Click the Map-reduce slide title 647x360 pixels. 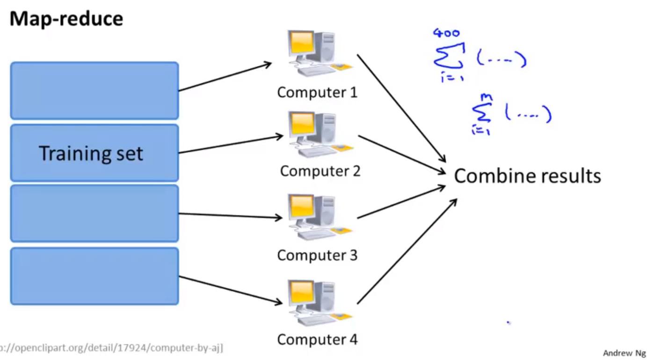click(x=66, y=19)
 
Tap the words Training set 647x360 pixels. click(x=91, y=154)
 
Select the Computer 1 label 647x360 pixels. click(x=317, y=92)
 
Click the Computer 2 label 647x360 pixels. click(x=320, y=171)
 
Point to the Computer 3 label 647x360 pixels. click(x=317, y=255)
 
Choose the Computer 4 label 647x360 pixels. click(x=317, y=339)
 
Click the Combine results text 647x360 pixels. click(x=527, y=176)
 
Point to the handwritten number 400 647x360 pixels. click(x=446, y=33)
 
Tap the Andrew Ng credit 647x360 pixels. click(x=624, y=353)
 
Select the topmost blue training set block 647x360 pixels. click(x=95, y=90)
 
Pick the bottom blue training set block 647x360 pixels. click(x=95, y=276)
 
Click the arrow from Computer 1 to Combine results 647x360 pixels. click(x=401, y=108)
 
